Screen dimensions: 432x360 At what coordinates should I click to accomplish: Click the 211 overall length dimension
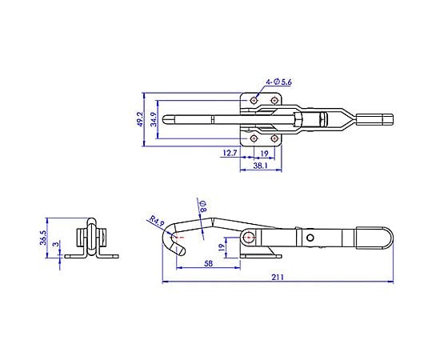click(x=278, y=277)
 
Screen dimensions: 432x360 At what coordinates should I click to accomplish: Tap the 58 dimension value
click(x=209, y=263)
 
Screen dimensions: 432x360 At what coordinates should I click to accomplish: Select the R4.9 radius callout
click(x=157, y=221)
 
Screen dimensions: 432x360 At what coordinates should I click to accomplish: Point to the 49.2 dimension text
click(x=140, y=119)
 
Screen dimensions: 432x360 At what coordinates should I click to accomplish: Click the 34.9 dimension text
click(x=154, y=119)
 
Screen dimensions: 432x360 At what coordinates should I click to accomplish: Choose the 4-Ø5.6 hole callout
click(x=278, y=82)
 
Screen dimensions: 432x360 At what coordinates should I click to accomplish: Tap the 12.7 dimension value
click(x=230, y=153)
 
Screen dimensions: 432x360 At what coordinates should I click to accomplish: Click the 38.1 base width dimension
click(x=260, y=166)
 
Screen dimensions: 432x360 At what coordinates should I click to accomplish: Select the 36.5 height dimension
click(x=43, y=238)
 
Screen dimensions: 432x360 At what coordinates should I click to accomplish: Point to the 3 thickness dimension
click(x=56, y=244)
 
